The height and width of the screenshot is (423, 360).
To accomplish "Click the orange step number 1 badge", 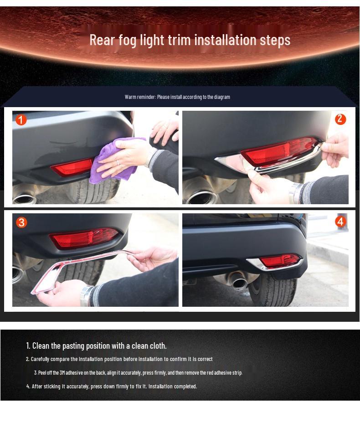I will (x=21, y=120).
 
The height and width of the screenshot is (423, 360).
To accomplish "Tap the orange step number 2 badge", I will (x=340, y=119).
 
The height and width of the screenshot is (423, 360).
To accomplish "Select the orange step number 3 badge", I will (x=21, y=222).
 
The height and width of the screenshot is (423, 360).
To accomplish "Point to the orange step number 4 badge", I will (x=340, y=222).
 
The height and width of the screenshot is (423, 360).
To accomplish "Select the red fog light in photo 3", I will (x=84, y=238).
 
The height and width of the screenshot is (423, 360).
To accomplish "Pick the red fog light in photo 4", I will (x=279, y=261).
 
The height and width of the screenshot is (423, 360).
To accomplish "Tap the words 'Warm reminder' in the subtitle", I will (x=140, y=97).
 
